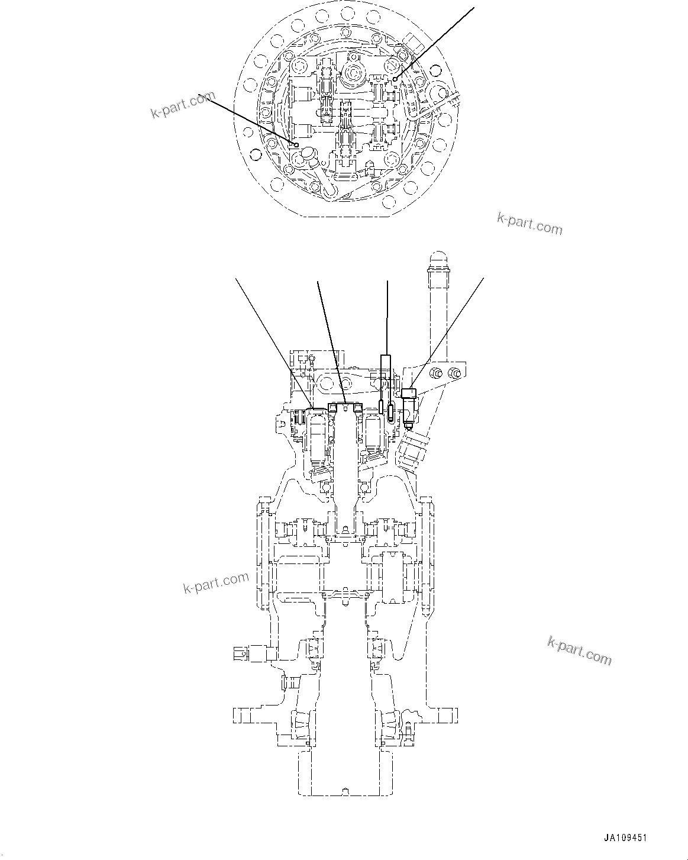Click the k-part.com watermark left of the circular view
pyautogui.click(x=183, y=105)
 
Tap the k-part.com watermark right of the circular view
pyautogui.click(x=529, y=224)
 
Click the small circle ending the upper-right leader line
pyautogui.click(x=395, y=79)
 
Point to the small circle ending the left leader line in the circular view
pyautogui.click(x=296, y=144)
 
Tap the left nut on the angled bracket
pyautogui.click(x=436, y=373)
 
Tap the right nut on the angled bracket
pyautogui.click(x=454, y=373)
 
